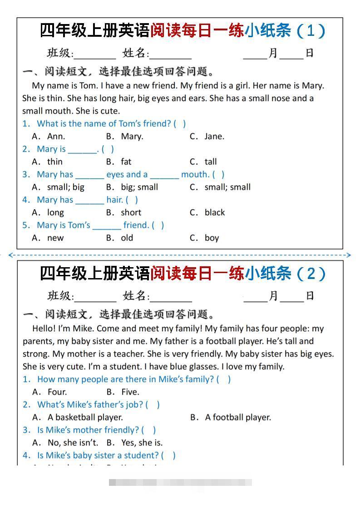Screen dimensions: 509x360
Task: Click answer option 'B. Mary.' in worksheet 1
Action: pos(124,136)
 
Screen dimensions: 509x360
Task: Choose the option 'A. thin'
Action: pos(48,162)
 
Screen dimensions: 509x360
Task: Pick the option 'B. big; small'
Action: pos(132,187)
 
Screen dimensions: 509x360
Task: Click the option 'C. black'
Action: pos(207,212)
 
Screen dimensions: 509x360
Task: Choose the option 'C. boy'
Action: pos(204,238)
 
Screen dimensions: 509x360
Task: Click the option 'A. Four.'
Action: pos(50,392)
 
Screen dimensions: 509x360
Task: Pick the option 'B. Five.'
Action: pos(123,392)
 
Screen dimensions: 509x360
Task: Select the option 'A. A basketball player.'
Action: pos(78,417)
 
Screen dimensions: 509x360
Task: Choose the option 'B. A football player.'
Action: pos(231,417)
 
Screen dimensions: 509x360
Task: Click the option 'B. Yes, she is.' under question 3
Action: pos(134,443)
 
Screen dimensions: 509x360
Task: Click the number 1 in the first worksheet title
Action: pos(311,31)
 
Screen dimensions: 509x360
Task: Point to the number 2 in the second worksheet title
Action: pos(311,274)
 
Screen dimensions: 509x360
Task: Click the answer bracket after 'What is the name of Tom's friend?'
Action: pos(180,123)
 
